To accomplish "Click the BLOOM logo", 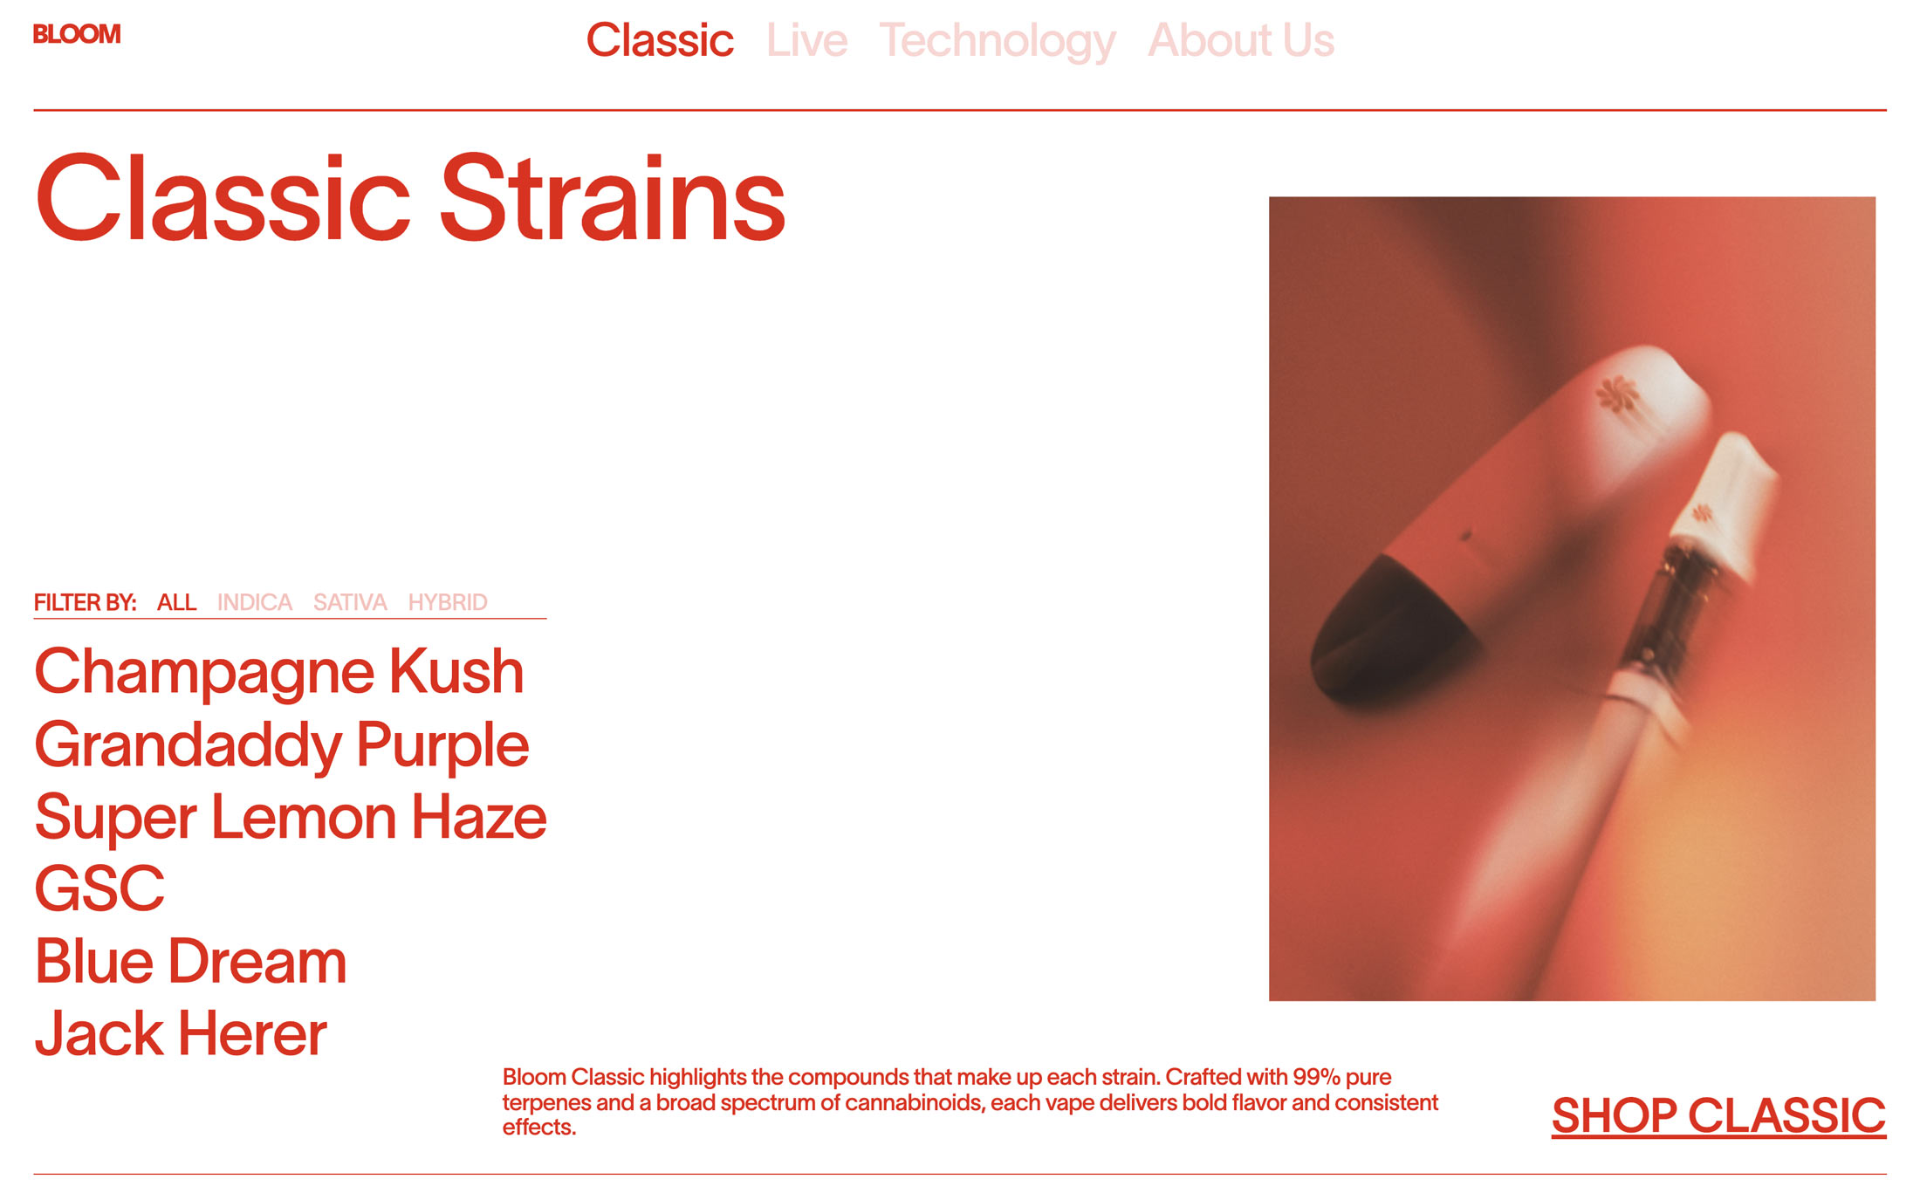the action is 77,34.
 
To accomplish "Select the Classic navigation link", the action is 660,40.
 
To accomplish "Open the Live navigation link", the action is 806,40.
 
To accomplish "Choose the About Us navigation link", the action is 1241,40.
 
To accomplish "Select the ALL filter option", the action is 176,602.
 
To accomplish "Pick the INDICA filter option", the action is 255,602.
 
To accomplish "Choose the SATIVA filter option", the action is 350,602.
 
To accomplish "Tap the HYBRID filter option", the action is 448,602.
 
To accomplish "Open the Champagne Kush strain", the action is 279,673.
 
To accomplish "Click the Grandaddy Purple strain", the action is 282,746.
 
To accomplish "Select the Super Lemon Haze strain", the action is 291,818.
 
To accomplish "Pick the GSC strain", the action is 99,888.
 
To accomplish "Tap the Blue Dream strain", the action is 190,962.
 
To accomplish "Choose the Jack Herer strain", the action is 181,1034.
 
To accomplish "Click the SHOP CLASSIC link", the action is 1718,1116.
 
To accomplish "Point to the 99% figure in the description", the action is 1316,1077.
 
